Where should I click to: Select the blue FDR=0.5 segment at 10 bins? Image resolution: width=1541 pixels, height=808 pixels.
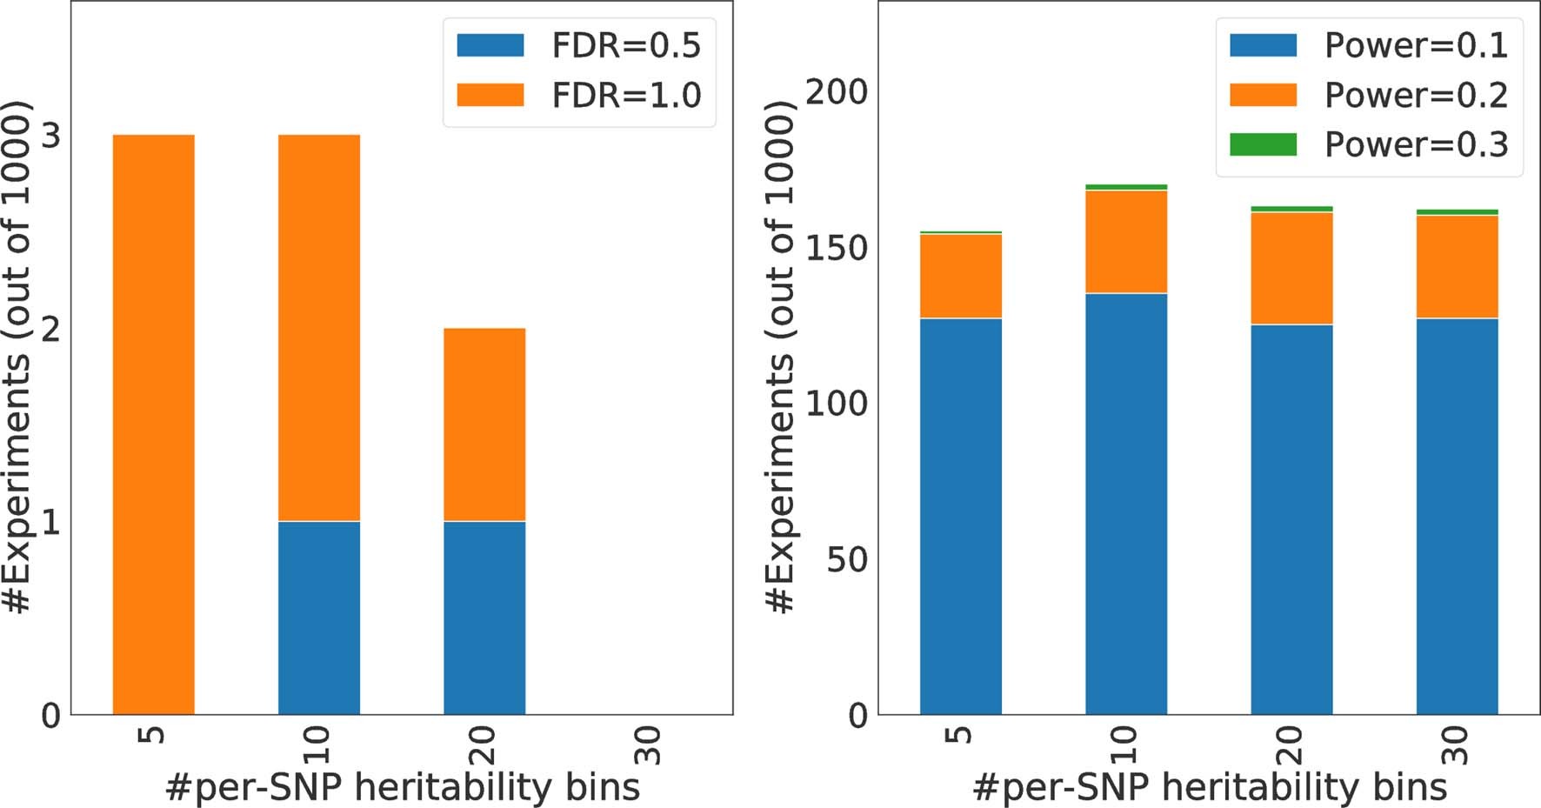pos(319,618)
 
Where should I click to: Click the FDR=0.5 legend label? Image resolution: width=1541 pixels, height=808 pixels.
pos(625,46)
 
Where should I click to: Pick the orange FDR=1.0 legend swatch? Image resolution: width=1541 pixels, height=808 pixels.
pos(490,95)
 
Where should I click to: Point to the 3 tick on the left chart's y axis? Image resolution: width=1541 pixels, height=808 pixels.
pos(51,136)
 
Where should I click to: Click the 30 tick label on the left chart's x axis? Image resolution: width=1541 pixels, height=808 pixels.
pos(649,745)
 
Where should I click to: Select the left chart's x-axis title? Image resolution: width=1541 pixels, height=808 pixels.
pos(402,787)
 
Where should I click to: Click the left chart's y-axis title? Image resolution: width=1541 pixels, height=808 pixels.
pos(19,357)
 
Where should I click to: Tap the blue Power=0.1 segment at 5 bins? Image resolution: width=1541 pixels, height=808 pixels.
pos(961,517)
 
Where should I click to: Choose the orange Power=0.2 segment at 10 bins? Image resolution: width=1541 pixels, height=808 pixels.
pos(1126,242)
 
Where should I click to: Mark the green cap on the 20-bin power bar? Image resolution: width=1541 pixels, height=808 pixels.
pos(1291,209)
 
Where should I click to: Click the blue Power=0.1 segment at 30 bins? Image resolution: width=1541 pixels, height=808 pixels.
pos(1457,517)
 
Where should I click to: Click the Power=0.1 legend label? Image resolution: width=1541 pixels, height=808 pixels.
pos(1415,46)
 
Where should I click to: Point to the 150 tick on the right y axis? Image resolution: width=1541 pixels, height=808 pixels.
pos(836,248)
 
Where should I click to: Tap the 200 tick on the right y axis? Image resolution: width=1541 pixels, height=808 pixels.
pos(836,92)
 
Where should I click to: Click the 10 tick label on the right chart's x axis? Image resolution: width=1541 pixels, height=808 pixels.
pos(1124,745)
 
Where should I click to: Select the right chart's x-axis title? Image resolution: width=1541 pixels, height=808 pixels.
pos(1209,787)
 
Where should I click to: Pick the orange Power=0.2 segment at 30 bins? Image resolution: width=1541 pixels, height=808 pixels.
pos(1457,267)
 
